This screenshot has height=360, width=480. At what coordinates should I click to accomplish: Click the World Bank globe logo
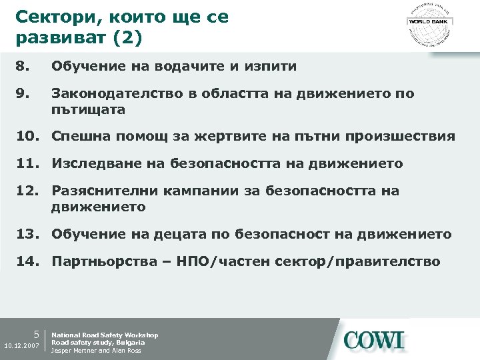tap(429, 23)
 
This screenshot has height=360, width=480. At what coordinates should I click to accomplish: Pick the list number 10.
tap(29, 137)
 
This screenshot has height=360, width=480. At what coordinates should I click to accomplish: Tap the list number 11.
tap(29, 164)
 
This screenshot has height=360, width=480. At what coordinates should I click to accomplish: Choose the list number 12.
tap(29, 191)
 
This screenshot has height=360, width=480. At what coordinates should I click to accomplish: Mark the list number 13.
tap(29, 234)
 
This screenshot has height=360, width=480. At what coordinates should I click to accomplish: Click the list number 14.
tap(29, 261)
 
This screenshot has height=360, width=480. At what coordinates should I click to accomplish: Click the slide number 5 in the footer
tap(38, 335)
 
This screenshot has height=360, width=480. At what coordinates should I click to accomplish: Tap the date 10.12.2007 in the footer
tap(21, 347)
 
